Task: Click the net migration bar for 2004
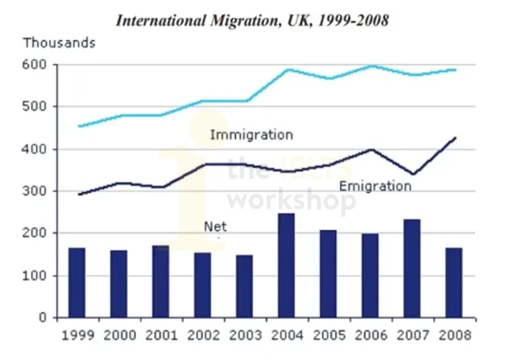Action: pyautogui.click(x=286, y=266)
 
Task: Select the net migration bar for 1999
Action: pyautogui.click(x=77, y=283)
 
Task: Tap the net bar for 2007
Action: pyautogui.click(x=412, y=268)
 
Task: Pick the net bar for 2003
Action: pyautogui.click(x=244, y=286)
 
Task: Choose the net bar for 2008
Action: pyautogui.click(x=453, y=283)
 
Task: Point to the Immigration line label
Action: pyautogui.click(x=251, y=135)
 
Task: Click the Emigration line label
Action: pyautogui.click(x=375, y=187)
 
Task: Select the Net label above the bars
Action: pyautogui.click(x=215, y=227)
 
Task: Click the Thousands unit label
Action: pyautogui.click(x=59, y=43)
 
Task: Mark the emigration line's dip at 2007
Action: pyautogui.click(x=412, y=174)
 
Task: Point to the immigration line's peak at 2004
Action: pyautogui.click(x=288, y=70)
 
